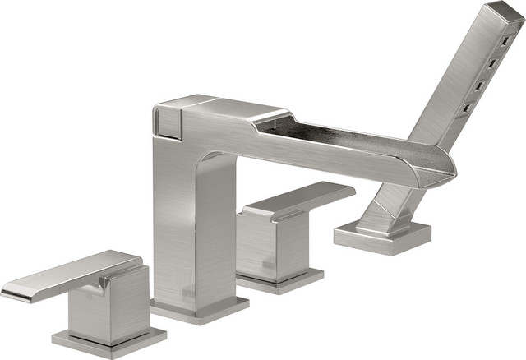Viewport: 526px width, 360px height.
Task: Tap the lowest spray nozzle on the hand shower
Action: (466, 107)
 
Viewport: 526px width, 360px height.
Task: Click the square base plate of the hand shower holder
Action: (382, 238)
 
